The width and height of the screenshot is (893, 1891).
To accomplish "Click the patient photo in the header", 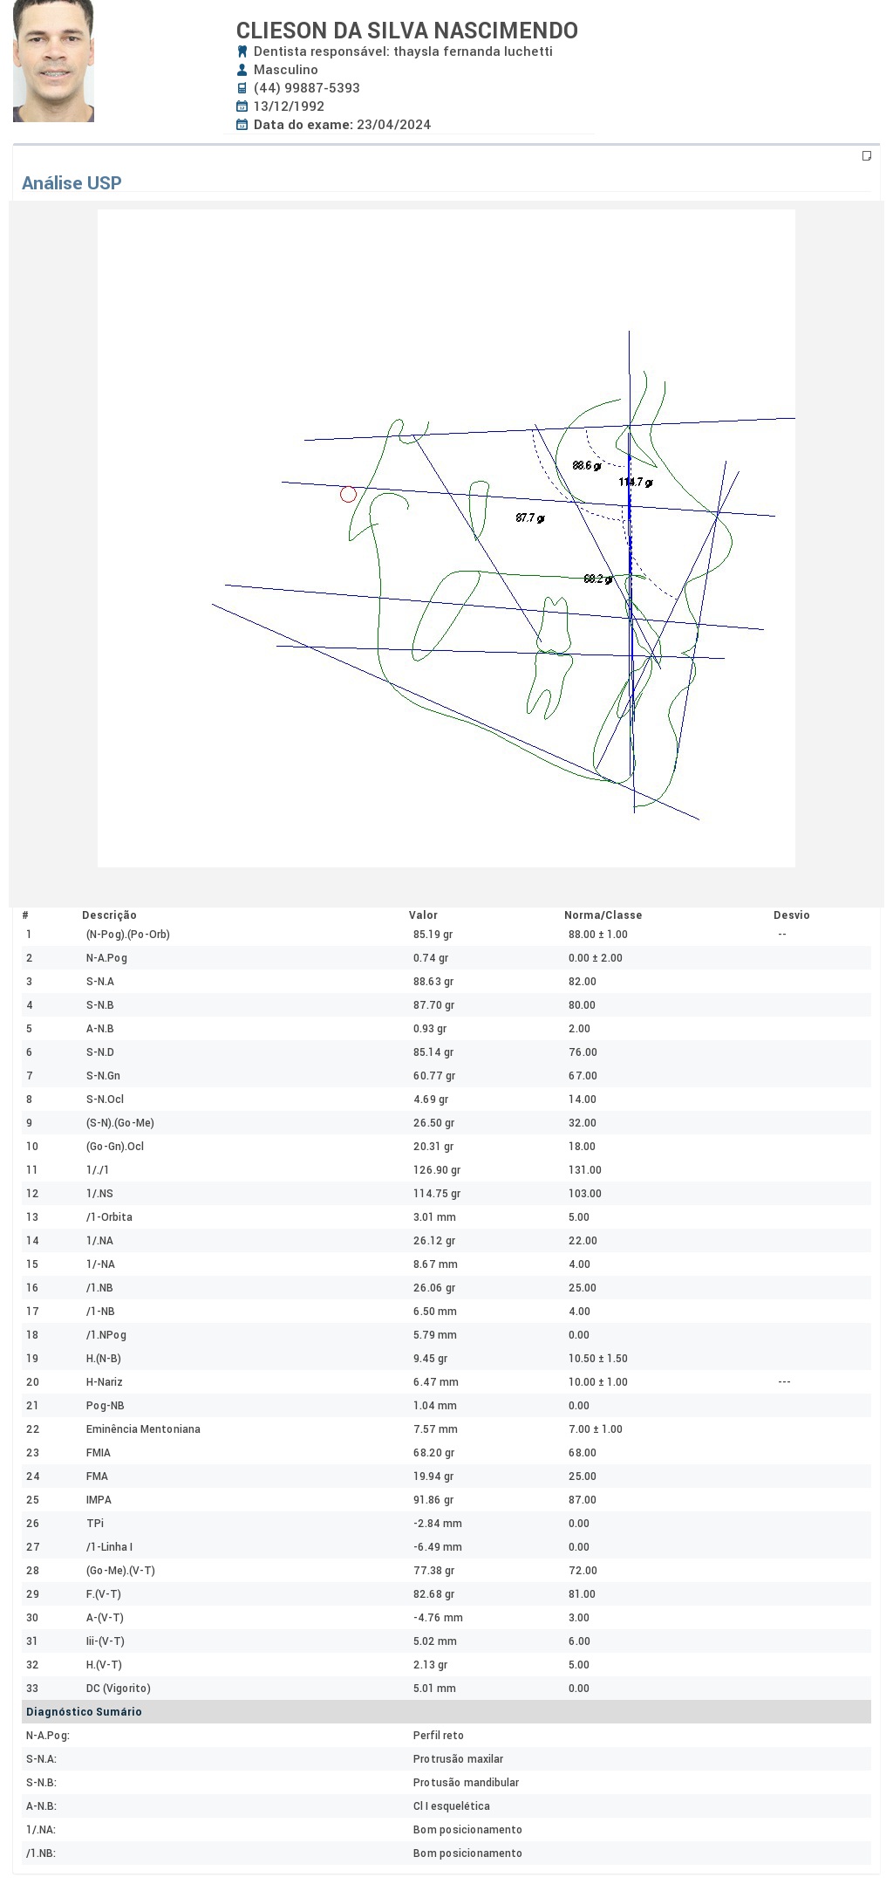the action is point(53,61).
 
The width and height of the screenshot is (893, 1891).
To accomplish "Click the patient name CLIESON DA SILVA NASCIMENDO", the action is point(407,31).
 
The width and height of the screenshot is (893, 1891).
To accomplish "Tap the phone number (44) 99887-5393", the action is point(307,88).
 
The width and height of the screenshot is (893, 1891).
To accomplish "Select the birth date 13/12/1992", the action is point(289,106).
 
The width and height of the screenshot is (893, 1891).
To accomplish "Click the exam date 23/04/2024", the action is point(393,125).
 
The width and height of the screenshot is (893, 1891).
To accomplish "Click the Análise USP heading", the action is point(72,183).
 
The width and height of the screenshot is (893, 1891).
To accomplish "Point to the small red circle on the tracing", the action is point(348,494).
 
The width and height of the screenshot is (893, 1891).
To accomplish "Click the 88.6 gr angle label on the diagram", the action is point(587,466).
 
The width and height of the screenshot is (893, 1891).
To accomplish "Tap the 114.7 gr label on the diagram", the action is point(636,482).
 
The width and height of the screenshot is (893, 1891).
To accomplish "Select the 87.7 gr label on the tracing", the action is point(530,518).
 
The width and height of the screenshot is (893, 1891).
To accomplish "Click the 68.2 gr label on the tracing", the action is point(597,579).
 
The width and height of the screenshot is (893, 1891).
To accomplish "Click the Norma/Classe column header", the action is point(603,915).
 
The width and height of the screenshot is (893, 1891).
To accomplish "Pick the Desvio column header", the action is point(792,915).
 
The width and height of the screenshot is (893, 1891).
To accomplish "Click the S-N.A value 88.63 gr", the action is point(433,982).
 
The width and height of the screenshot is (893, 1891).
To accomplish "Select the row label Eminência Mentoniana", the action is point(143,1429).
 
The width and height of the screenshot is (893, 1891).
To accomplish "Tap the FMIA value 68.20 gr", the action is point(433,1453).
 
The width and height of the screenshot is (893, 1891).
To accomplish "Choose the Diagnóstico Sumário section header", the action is point(84,1712).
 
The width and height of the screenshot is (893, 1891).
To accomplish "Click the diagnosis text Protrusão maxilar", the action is point(458,1759).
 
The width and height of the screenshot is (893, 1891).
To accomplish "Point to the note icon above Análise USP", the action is point(867,156).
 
